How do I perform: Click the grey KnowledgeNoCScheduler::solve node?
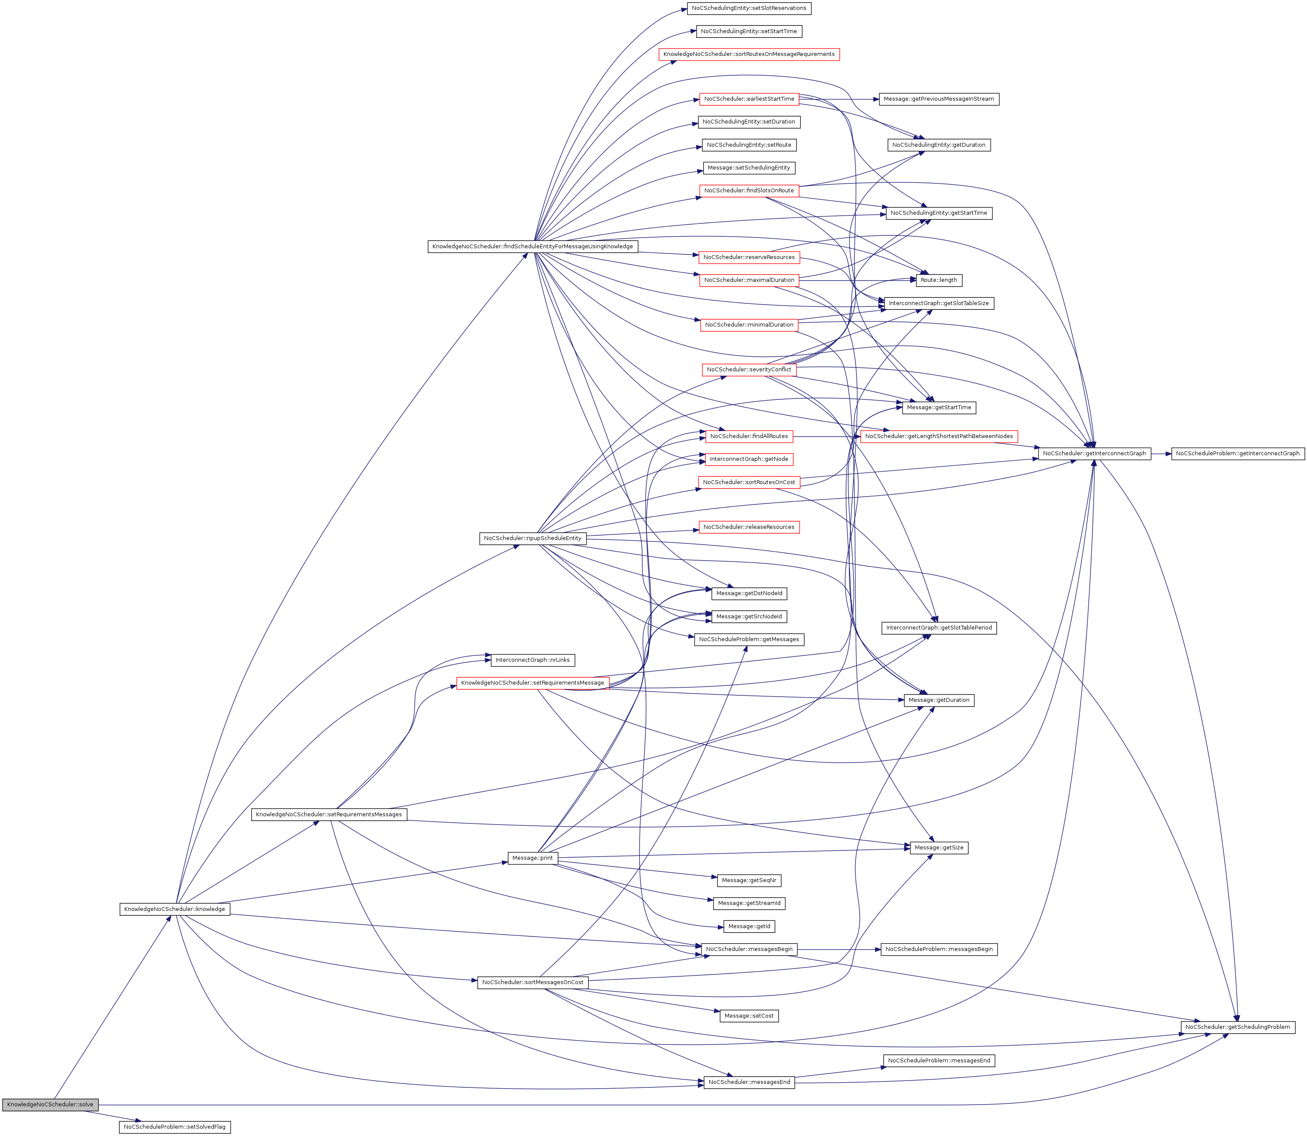[50, 1104]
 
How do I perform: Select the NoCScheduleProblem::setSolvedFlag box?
[174, 1127]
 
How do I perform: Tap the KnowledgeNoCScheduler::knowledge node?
[174, 909]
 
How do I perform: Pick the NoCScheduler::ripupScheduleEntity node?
[532, 538]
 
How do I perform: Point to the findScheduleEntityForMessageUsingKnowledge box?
[532, 246]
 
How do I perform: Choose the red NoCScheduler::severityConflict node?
[748, 370]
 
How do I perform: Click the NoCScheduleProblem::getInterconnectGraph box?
[1237, 453]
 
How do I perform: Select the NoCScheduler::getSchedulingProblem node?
[1237, 1026]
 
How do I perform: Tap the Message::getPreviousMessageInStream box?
[939, 99]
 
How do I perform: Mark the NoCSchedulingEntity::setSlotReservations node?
[748, 8]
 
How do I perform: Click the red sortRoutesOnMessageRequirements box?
[748, 55]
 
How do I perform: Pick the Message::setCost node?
[748, 1016]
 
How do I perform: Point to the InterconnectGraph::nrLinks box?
[532, 660]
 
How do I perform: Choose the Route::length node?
[939, 280]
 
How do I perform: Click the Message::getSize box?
[939, 848]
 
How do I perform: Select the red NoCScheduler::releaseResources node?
[748, 527]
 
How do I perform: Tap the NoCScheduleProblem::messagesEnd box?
[939, 1061]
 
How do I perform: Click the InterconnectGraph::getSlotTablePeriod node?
[939, 627]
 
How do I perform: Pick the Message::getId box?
[748, 926]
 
